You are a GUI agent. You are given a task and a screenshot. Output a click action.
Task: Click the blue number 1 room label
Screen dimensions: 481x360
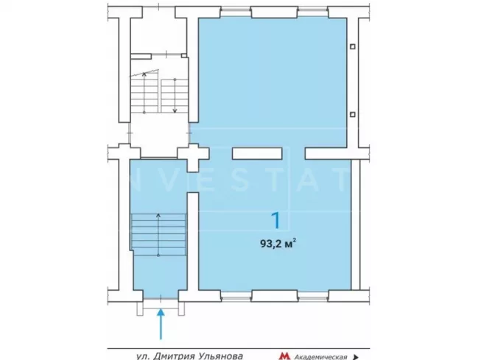coord(276,220)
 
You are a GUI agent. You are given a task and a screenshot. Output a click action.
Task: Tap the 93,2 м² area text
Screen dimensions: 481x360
coord(278,244)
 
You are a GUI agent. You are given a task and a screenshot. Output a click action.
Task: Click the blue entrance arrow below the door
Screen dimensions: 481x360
coord(161,325)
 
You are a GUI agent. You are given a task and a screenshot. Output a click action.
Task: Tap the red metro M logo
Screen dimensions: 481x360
coord(284,356)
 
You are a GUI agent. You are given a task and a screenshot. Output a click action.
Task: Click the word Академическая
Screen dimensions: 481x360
coord(320,357)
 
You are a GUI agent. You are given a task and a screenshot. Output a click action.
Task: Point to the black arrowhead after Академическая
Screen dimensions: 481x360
coord(356,357)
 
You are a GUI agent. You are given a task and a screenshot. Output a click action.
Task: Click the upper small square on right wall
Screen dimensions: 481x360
coord(353,46)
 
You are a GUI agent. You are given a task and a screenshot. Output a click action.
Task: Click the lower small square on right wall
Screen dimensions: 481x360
coord(353,114)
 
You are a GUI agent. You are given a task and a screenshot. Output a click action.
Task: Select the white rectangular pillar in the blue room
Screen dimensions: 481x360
coord(257,153)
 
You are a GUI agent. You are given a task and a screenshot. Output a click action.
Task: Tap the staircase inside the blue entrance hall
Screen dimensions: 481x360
coord(158,235)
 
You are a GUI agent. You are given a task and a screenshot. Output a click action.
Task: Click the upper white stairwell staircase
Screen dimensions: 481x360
coord(159,92)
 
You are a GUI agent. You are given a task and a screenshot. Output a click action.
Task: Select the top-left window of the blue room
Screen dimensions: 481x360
coord(236,13)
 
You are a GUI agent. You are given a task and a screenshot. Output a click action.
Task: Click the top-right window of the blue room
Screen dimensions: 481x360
coord(313,13)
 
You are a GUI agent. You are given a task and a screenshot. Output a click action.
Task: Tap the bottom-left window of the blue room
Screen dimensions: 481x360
coord(236,296)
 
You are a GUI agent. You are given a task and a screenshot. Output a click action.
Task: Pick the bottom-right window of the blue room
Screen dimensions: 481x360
coord(313,296)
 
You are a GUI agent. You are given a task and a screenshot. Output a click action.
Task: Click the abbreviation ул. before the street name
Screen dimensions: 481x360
coord(143,356)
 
